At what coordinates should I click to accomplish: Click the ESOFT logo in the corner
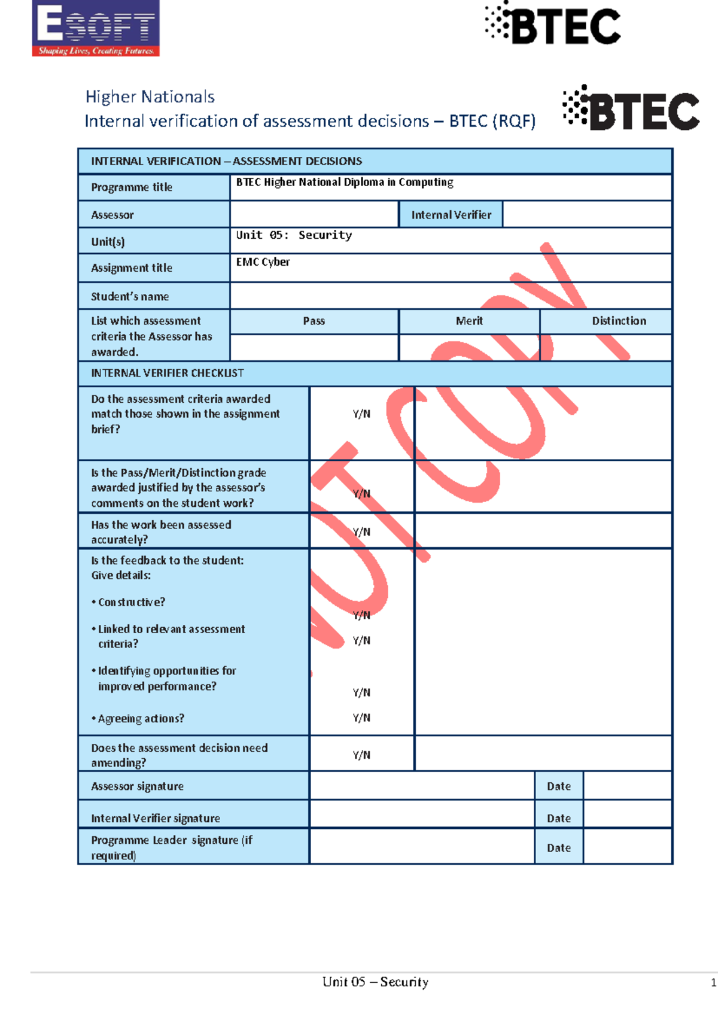96,29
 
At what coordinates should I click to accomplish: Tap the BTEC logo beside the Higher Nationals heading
631,109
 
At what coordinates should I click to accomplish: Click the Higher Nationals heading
150,97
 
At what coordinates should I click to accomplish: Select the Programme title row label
132,187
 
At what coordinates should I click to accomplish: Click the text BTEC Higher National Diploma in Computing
345,183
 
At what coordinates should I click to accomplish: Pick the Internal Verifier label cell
451,215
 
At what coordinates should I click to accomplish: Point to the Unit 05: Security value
294,235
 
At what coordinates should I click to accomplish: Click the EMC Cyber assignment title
263,262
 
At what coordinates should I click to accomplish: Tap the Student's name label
130,296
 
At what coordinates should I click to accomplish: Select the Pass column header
314,321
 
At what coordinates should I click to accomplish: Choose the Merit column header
469,321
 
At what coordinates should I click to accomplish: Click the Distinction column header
619,321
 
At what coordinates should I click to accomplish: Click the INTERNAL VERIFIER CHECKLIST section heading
167,373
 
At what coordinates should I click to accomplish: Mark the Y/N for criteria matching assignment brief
361,414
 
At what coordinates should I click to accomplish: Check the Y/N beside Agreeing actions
361,718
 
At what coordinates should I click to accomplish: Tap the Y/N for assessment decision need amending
361,755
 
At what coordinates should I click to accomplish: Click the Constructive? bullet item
131,603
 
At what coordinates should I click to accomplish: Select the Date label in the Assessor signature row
558,786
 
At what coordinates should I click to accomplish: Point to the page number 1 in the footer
713,983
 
